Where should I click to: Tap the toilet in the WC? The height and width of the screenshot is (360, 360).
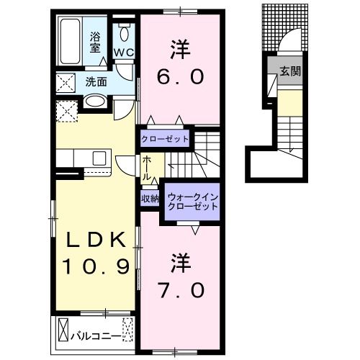click(x=125, y=33)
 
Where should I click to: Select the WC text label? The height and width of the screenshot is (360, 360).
click(x=124, y=53)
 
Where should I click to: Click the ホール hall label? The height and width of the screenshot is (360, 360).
click(x=147, y=168)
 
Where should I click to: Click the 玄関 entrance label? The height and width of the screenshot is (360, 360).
click(x=290, y=71)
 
